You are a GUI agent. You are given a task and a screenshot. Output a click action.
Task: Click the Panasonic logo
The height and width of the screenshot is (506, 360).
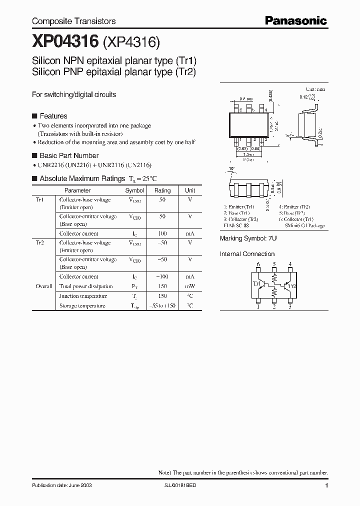point(295,20)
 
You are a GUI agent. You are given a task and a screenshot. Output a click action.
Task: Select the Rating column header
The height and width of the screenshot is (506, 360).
point(162,190)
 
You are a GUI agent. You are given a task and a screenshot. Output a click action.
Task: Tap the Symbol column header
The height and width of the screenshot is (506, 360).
point(134,190)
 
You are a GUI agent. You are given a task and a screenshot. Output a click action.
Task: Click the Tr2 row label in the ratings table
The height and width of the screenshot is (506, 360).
point(40,243)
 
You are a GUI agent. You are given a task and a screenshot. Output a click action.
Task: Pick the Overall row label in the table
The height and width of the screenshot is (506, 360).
point(44,286)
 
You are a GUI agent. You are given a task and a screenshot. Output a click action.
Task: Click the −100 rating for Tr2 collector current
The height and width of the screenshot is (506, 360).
point(162,276)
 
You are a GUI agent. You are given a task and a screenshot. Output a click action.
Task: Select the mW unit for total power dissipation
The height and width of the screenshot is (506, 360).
point(190,286)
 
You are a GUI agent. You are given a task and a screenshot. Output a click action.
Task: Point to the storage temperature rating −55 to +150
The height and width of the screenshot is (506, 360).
point(162,305)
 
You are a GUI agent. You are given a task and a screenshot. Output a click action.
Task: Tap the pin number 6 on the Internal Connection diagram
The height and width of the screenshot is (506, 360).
point(258,264)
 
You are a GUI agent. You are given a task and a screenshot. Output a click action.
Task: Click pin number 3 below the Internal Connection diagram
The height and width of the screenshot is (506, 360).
point(289,307)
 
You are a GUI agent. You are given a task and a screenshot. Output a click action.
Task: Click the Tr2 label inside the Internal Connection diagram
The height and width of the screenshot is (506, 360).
point(292,286)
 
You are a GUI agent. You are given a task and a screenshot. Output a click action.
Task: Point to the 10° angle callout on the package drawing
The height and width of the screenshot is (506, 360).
point(231,168)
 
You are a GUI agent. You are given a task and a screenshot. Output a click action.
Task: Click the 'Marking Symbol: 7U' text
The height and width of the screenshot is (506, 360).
point(248,238)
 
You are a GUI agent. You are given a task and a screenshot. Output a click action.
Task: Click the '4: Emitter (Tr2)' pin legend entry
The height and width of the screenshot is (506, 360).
point(294,206)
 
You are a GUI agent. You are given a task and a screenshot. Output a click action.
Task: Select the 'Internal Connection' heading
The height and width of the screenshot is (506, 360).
point(247,254)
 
